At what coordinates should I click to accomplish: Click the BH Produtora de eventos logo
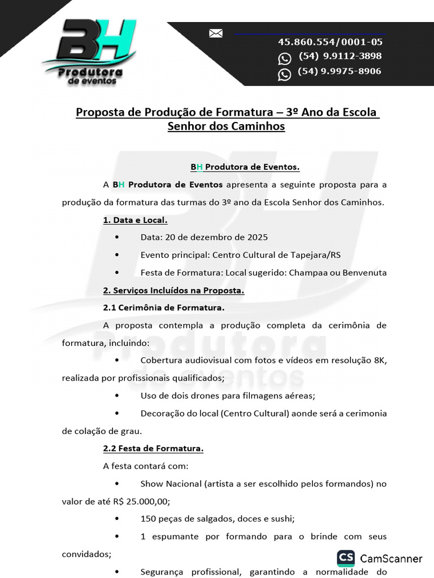[x=89, y=52]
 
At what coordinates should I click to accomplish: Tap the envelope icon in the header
[x=216, y=33]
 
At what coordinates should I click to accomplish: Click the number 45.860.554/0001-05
[x=330, y=42]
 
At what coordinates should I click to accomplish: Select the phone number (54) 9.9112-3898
[x=340, y=56]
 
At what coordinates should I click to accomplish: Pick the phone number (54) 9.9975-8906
[x=339, y=72]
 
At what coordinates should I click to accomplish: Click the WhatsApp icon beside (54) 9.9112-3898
[x=285, y=59]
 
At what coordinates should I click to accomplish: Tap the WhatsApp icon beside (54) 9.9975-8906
[x=285, y=75]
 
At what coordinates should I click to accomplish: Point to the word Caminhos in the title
[x=258, y=126]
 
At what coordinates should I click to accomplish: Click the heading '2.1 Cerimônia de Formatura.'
[x=164, y=308]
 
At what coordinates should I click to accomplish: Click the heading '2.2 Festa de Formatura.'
[x=153, y=449]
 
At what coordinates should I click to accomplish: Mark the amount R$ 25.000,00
[x=141, y=501]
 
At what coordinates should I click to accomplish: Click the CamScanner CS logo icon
[x=346, y=558]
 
